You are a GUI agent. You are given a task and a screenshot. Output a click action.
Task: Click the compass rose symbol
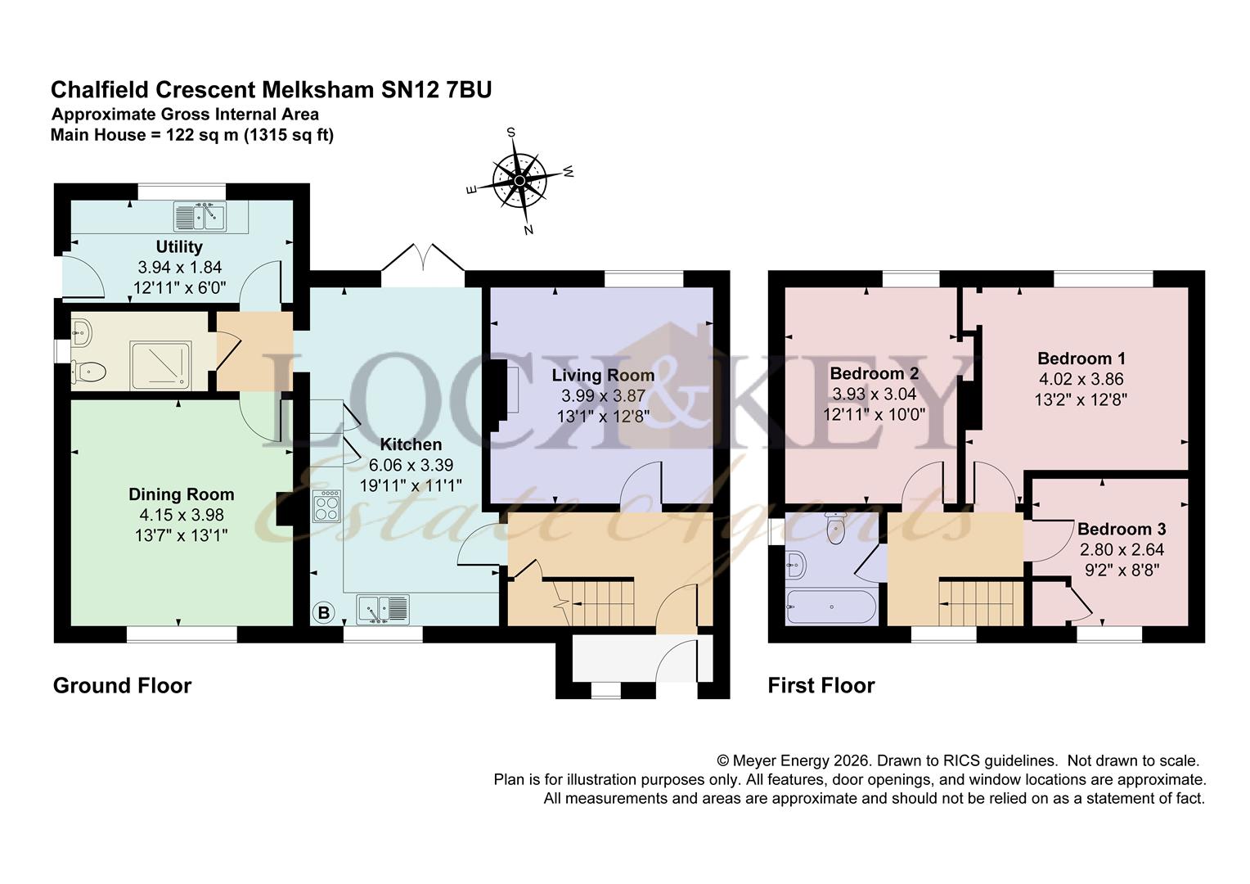tap(519, 180)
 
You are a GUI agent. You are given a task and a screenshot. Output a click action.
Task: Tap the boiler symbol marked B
tap(324, 612)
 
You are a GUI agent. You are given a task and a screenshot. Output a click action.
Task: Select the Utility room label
tap(179, 247)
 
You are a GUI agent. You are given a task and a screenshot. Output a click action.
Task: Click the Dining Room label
tap(182, 494)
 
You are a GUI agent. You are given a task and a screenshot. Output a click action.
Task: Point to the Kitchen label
tap(411, 444)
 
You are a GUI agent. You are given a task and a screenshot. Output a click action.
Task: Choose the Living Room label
tap(603, 375)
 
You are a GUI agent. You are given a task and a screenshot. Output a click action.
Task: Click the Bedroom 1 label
tap(1081, 359)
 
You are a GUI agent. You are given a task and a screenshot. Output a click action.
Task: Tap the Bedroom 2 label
tap(875, 373)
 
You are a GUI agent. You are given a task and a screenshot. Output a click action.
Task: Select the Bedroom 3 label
tap(1122, 529)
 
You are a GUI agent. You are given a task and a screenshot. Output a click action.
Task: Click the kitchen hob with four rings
tap(327, 505)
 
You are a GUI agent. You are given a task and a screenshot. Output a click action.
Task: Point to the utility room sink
tap(200, 216)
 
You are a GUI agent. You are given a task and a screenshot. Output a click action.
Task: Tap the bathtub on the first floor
tap(831, 607)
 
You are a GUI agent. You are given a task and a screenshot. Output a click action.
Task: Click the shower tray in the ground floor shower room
tap(160, 367)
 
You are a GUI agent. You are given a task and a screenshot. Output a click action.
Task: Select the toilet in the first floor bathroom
tap(835, 528)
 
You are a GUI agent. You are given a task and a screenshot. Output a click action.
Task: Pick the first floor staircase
tap(981, 602)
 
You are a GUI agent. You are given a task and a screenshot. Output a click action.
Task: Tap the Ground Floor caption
tap(122, 686)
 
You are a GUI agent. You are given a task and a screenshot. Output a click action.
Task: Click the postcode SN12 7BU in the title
tap(436, 90)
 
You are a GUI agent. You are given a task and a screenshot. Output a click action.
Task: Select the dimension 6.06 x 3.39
tap(411, 465)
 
